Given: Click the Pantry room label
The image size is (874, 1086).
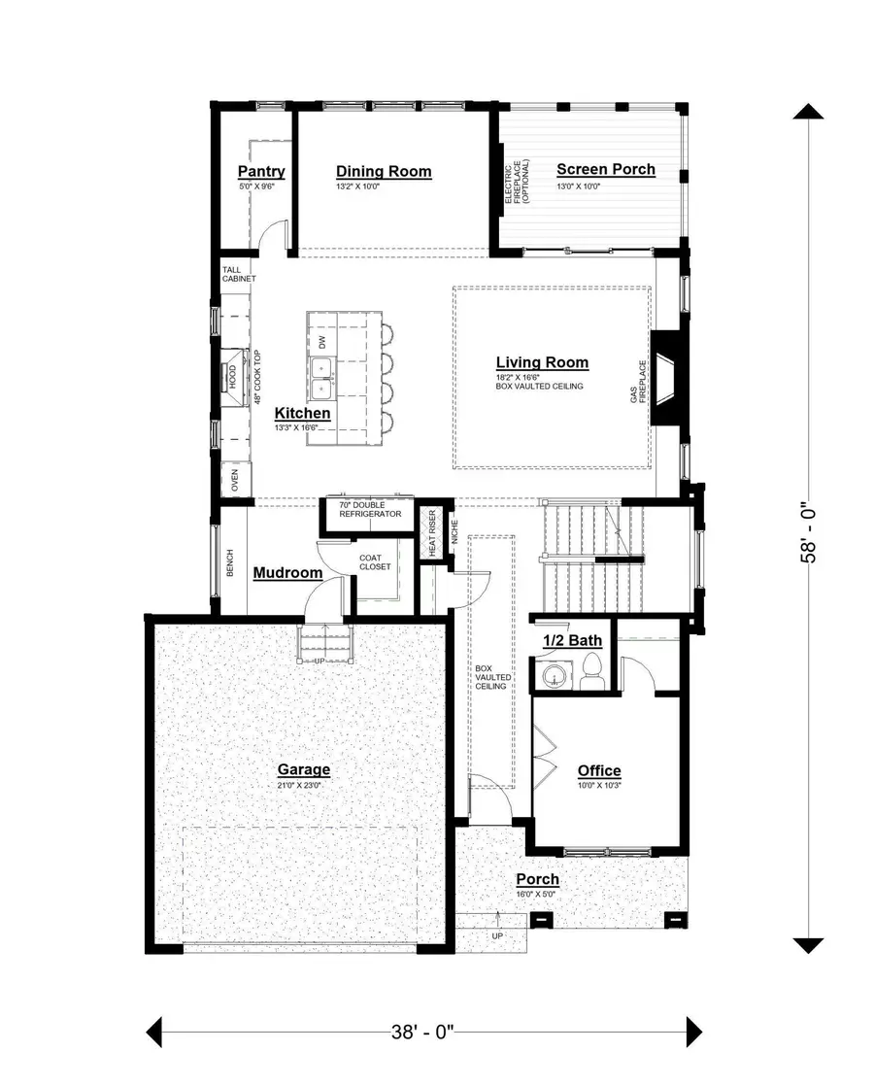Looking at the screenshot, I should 261,173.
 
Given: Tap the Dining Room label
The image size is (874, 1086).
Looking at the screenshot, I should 384,172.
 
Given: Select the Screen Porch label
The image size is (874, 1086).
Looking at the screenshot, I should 605,170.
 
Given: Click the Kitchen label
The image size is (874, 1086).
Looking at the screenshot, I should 302,413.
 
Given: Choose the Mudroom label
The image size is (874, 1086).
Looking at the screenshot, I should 287,573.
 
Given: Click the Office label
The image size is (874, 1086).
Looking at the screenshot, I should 599,771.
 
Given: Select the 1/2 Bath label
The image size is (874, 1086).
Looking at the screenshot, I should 572,640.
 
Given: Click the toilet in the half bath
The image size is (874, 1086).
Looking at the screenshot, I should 592,671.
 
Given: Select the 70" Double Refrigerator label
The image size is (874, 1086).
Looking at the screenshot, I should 370,510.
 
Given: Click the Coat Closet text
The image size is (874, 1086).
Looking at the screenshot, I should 375,561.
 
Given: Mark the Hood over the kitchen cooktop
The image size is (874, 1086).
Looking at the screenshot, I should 233,376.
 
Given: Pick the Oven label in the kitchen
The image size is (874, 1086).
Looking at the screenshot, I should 234,480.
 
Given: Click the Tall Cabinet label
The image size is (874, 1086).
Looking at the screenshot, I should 238,274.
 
